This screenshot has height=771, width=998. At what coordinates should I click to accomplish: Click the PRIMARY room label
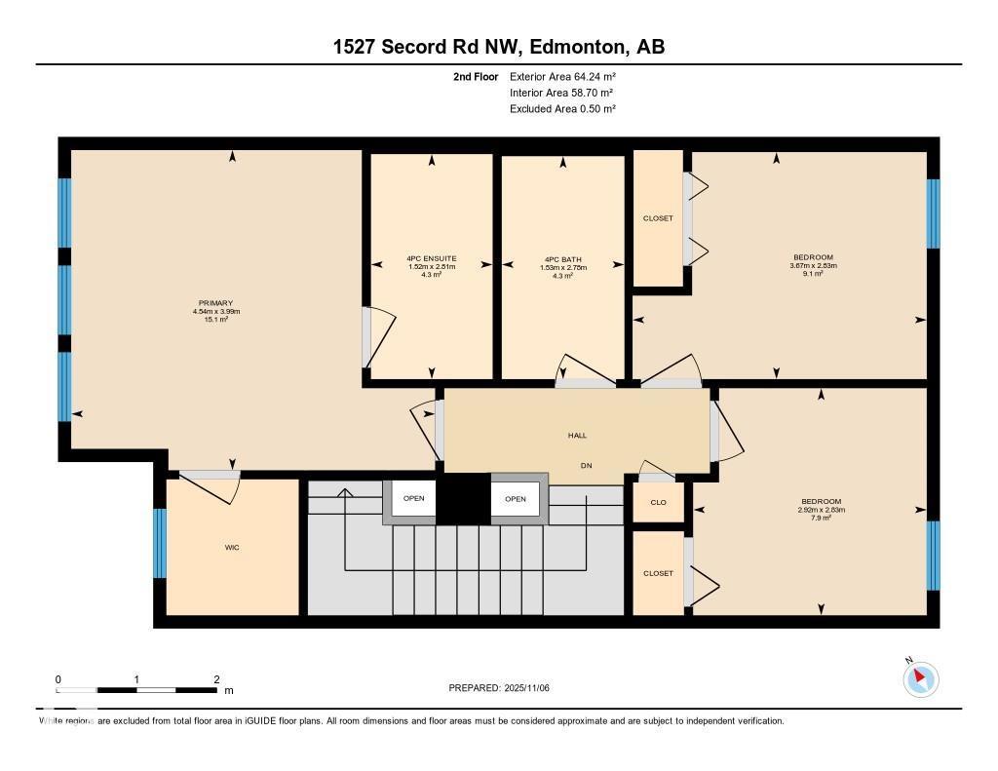[216, 303]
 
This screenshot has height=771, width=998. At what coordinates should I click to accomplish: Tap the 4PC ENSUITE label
[431, 258]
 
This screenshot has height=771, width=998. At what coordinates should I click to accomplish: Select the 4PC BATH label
[561, 259]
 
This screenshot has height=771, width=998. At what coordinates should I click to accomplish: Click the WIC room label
[232, 548]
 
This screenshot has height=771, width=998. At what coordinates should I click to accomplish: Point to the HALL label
[578, 436]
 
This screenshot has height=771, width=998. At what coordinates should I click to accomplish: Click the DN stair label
[587, 466]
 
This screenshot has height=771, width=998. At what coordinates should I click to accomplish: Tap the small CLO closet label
[658, 503]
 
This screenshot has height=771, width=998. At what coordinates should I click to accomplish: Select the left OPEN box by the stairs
[414, 499]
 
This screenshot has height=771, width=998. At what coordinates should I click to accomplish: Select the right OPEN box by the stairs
[516, 499]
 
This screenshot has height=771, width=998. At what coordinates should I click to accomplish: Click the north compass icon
[920, 678]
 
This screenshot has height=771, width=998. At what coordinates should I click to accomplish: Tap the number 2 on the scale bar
[216, 679]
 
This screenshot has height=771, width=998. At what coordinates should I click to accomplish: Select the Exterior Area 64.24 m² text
[562, 76]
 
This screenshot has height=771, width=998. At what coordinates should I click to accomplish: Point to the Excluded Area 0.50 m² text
[562, 109]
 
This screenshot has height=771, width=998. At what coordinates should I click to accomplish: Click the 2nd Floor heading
[476, 76]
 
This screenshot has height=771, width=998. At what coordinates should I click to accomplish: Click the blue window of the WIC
[160, 543]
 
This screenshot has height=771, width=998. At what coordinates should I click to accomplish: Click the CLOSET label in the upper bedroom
[658, 218]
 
